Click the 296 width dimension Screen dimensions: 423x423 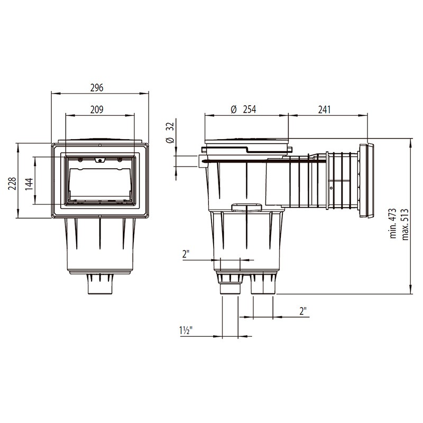[99, 87]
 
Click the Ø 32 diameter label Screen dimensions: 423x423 [170, 132]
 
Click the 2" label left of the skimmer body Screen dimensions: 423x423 [186, 255]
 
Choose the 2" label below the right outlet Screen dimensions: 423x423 [303, 311]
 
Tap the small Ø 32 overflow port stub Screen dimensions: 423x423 [202, 161]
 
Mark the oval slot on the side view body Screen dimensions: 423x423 [246, 206]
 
